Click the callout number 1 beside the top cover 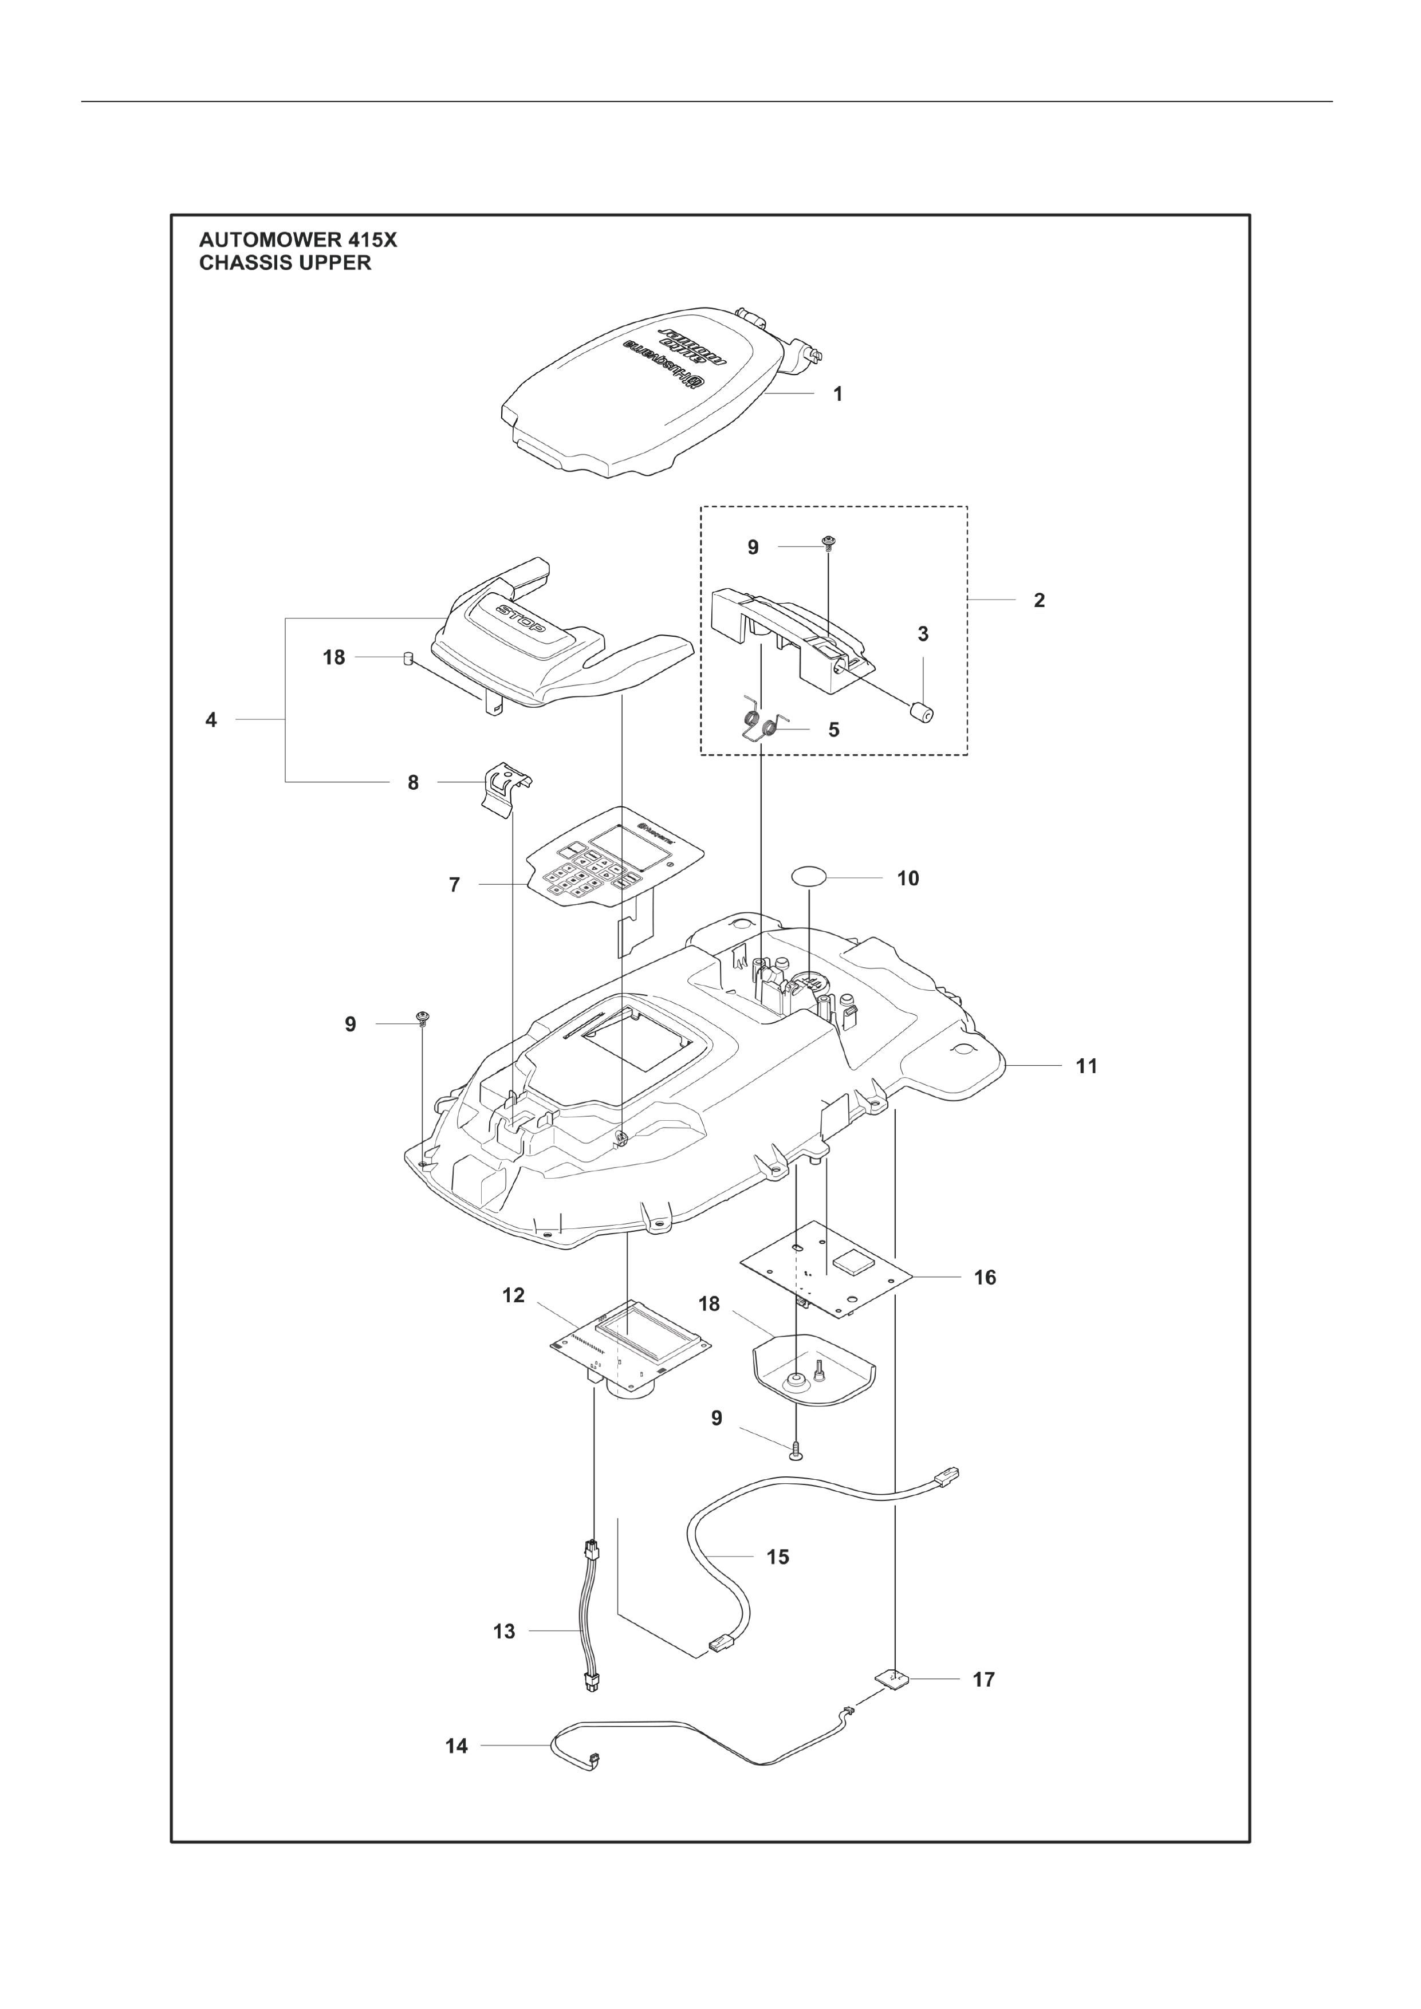pos(837,395)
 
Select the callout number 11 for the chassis pos(1086,1066)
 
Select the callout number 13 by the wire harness pos(504,1631)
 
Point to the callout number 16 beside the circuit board pos(985,1278)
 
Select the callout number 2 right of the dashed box pos(1038,600)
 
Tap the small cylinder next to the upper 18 pos(406,658)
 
